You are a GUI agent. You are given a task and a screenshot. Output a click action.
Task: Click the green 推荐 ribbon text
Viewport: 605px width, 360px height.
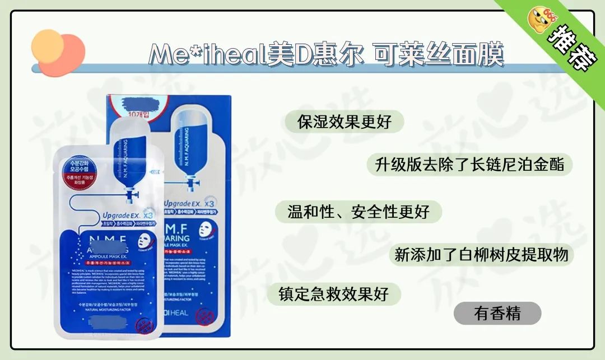[567, 50]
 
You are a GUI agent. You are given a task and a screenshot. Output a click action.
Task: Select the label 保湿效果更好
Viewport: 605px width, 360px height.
[344, 121]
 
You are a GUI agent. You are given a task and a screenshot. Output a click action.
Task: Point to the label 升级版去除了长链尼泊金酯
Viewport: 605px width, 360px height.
[469, 165]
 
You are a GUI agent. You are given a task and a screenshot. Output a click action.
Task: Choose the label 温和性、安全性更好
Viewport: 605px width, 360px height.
[359, 212]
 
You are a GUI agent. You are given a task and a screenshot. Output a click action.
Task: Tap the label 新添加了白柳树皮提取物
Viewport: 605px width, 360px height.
[481, 255]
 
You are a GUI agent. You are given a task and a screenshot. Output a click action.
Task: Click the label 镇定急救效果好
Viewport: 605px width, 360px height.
[334, 294]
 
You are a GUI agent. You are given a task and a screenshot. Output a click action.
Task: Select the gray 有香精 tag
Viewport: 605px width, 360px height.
[497, 313]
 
